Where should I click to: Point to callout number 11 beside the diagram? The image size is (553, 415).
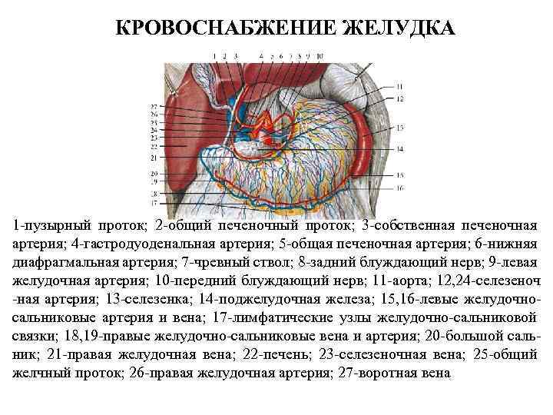click(x=399, y=85)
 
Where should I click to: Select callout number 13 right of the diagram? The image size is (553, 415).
click(x=399, y=127)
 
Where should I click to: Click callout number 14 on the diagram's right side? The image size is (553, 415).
click(x=399, y=148)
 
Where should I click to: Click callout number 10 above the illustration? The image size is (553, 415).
click(x=319, y=56)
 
